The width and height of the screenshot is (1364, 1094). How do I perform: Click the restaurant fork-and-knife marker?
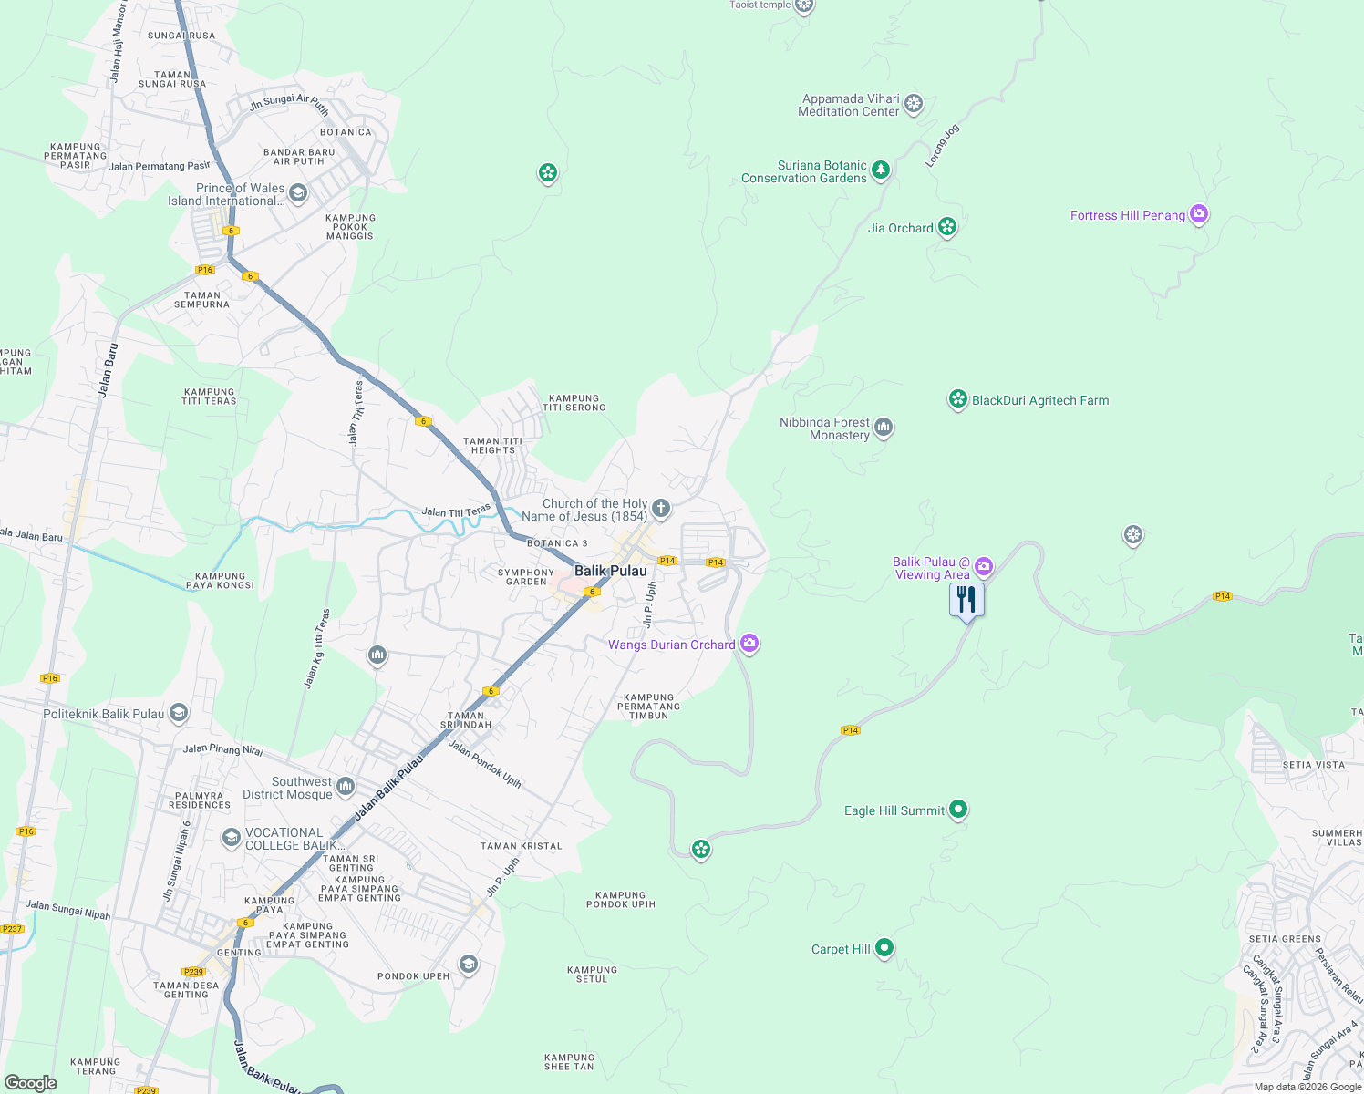[x=966, y=600]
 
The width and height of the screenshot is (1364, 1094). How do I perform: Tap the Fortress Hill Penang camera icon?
[x=1199, y=215]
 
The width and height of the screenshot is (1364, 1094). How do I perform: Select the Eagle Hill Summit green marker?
[x=957, y=810]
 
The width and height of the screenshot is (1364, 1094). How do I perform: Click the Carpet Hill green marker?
[x=883, y=949]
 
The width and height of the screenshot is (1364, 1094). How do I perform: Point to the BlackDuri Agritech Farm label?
[x=1040, y=400]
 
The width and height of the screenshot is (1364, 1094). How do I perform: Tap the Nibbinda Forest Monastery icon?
[x=883, y=428]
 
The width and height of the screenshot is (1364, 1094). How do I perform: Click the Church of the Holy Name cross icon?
[x=661, y=509]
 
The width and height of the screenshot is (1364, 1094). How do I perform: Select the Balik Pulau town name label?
[x=611, y=571]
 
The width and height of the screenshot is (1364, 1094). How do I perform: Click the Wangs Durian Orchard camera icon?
[x=749, y=644]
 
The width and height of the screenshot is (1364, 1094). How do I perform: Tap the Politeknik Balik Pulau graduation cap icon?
[x=179, y=713]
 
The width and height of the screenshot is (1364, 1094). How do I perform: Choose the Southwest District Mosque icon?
[x=346, y=786]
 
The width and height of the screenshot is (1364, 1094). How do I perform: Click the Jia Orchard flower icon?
[x=947, y=227]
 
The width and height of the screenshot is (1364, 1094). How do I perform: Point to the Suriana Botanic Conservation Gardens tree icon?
[x=880, y=170]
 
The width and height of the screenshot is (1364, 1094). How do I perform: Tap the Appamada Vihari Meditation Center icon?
[x=914, y=104]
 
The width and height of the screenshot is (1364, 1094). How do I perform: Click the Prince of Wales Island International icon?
[x=298, y=193]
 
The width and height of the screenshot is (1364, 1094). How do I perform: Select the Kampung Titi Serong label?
[x=574, y=403]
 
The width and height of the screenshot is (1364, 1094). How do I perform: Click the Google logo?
[x=31, y=1083]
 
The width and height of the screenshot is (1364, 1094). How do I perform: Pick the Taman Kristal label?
[x=522, y=846]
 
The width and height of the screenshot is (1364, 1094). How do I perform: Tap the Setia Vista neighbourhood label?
[x=1314, y=765]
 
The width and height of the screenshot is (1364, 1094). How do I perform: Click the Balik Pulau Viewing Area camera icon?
[x=984, y=567]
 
